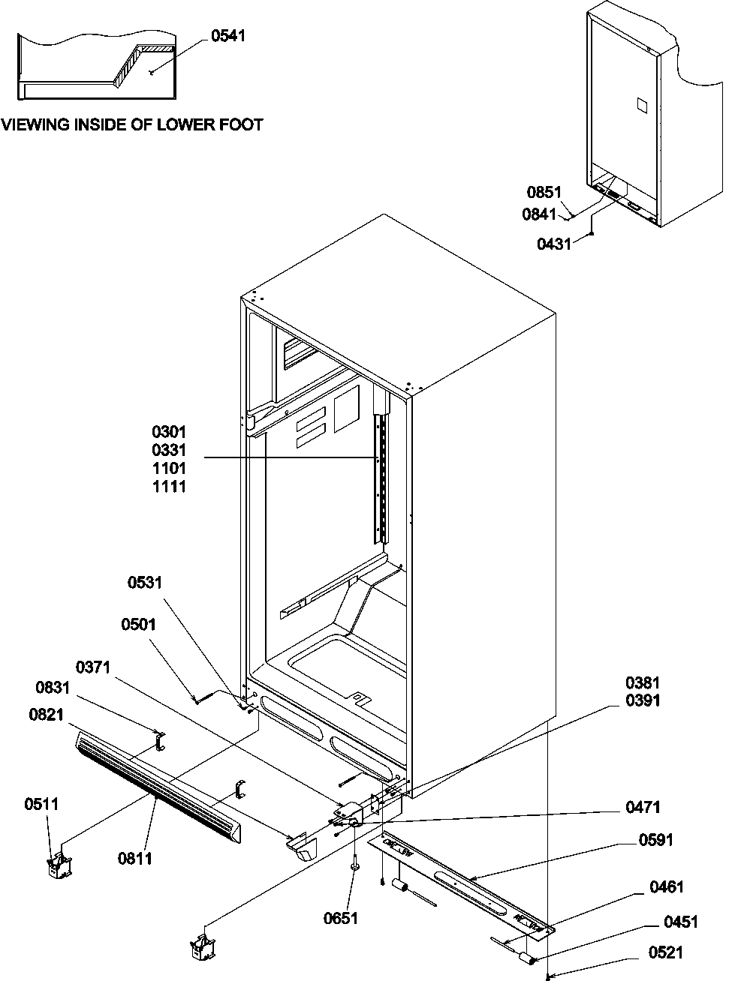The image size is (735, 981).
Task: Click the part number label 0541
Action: point(227,36)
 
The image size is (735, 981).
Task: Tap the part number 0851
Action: point(544,192)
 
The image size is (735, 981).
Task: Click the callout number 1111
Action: point(169,486)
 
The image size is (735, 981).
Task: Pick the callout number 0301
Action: point(169,432)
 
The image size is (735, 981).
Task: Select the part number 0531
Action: point(145,583)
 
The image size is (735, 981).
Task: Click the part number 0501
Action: point(138,625)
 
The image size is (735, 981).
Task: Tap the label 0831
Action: point(53,687)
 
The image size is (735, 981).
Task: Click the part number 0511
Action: point(41,804)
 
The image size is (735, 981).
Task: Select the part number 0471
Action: point(643,807)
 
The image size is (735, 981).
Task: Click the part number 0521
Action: point(667,952)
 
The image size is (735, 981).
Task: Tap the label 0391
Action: point(643,700)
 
